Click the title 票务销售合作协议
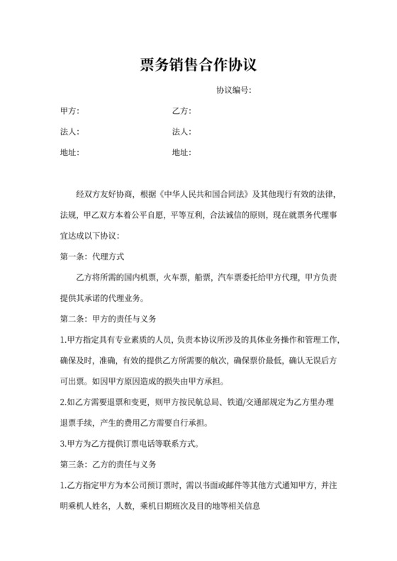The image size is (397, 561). point(198,66)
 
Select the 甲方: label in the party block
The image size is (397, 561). point(69,111)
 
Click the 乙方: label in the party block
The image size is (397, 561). point(181,111)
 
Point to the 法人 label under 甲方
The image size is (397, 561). point(69,132)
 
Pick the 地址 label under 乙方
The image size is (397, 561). point(181,152)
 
